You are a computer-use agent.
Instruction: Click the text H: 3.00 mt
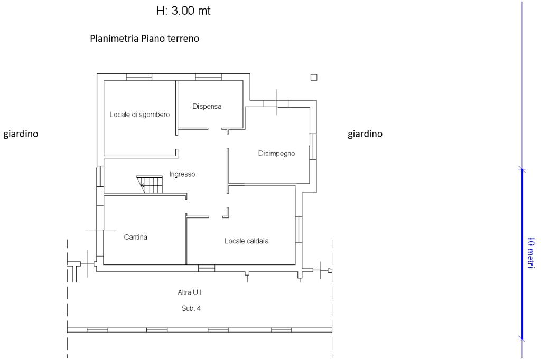coord(180,11)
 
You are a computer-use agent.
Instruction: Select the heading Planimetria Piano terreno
coord(144,39)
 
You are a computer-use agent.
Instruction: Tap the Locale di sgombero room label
coord(139,115)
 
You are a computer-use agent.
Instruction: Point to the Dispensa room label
coord(207,106)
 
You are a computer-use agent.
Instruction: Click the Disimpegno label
coord(276,154)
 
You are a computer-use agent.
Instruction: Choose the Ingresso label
coord(182,174)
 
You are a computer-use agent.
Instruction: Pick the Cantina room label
coord(136,237)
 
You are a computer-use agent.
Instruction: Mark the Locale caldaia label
coord(247,241)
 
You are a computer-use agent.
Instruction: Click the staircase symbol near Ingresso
coord(150,184)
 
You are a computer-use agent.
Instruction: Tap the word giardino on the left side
coord(21,134)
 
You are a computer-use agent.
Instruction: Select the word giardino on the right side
coord(365,134)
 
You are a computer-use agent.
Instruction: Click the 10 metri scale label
coord(531,254)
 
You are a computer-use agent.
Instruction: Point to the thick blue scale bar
coord(522,254)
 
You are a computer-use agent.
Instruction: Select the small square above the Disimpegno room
coord(314,78)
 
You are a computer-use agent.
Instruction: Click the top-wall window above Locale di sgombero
coord(139,77)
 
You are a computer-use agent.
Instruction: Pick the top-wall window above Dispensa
coord(208,77)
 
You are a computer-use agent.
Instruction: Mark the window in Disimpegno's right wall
coord(313,146)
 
